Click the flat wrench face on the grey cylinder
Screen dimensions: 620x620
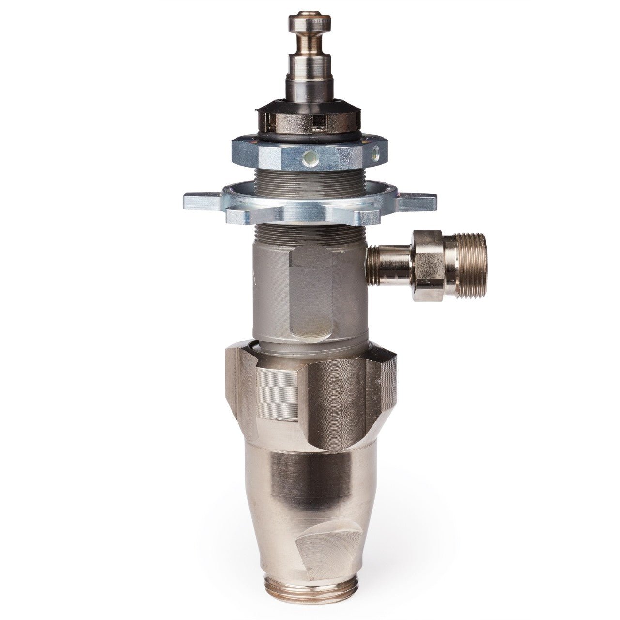click(312, 291)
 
